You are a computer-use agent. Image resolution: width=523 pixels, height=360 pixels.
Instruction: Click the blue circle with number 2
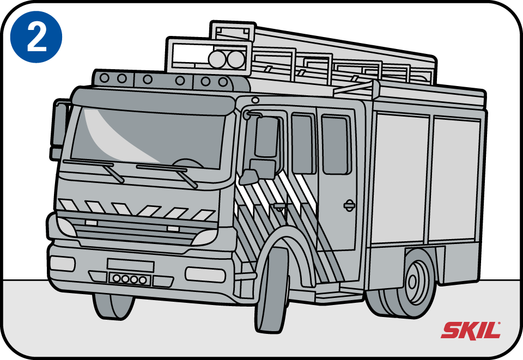pos(37,37)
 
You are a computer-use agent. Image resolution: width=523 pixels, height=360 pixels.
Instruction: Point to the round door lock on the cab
pos(349,205)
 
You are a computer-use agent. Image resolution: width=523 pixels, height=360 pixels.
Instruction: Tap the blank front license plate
pos(130,265)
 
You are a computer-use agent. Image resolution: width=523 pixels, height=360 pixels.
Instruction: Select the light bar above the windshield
pos(169,81)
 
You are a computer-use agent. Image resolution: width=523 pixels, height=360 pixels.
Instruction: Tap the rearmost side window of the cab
pos(335,144)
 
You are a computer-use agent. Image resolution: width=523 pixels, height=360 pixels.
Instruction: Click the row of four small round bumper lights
pos(129,279)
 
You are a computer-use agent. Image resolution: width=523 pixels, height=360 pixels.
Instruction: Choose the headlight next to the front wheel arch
pos(204,237)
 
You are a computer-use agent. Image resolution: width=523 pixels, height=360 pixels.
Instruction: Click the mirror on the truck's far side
pos(58,128)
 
